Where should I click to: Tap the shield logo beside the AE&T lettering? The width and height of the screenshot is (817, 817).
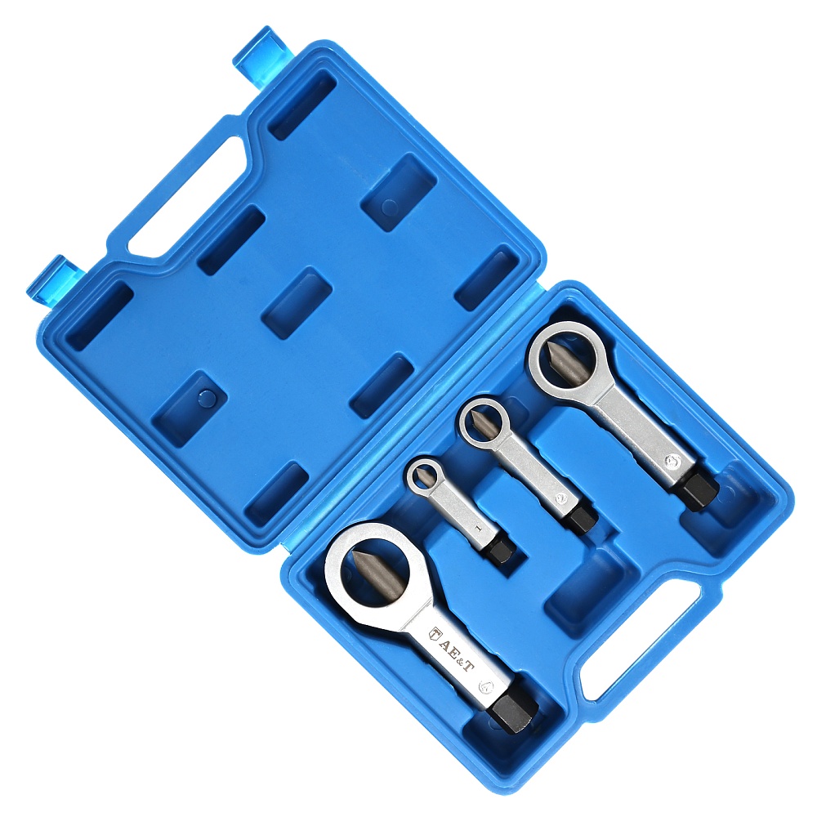[435, 634]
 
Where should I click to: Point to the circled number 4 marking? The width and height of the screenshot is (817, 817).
[487, 687]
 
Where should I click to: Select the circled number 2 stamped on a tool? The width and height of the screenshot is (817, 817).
[561, 498]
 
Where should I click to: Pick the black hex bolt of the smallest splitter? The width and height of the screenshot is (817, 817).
[502, 549]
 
